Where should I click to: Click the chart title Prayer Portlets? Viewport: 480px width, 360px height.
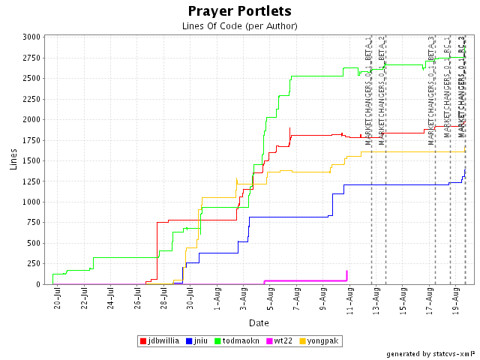pos(240,11)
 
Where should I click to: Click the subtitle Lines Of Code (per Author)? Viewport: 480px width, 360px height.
pos(240,26)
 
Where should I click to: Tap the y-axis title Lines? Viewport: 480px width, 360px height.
pos(13,159)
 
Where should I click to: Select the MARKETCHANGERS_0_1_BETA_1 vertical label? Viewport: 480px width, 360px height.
pos(368,90)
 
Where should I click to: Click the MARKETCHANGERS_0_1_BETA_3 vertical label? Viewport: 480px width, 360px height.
pos(432,90)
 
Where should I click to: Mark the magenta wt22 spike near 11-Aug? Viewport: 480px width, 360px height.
pos(346,274)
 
